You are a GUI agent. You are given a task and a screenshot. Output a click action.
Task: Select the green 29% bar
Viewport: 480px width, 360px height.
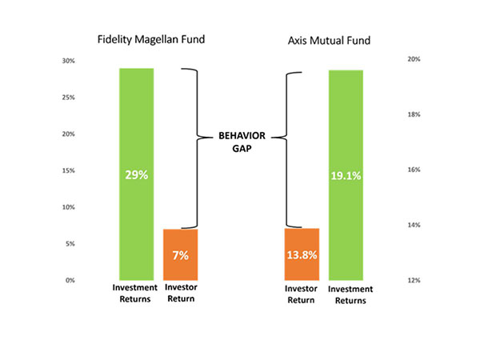point(136,174)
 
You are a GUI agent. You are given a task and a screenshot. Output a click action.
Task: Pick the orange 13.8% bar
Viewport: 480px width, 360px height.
point(302,254)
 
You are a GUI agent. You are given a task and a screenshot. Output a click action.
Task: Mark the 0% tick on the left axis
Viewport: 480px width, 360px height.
point(70,280)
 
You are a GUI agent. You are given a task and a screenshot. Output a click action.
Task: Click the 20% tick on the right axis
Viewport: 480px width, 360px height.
point(414,60)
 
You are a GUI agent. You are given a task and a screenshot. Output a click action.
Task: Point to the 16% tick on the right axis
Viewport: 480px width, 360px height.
point(414,170)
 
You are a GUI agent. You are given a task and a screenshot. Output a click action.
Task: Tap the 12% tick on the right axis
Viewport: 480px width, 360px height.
point(414,280)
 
